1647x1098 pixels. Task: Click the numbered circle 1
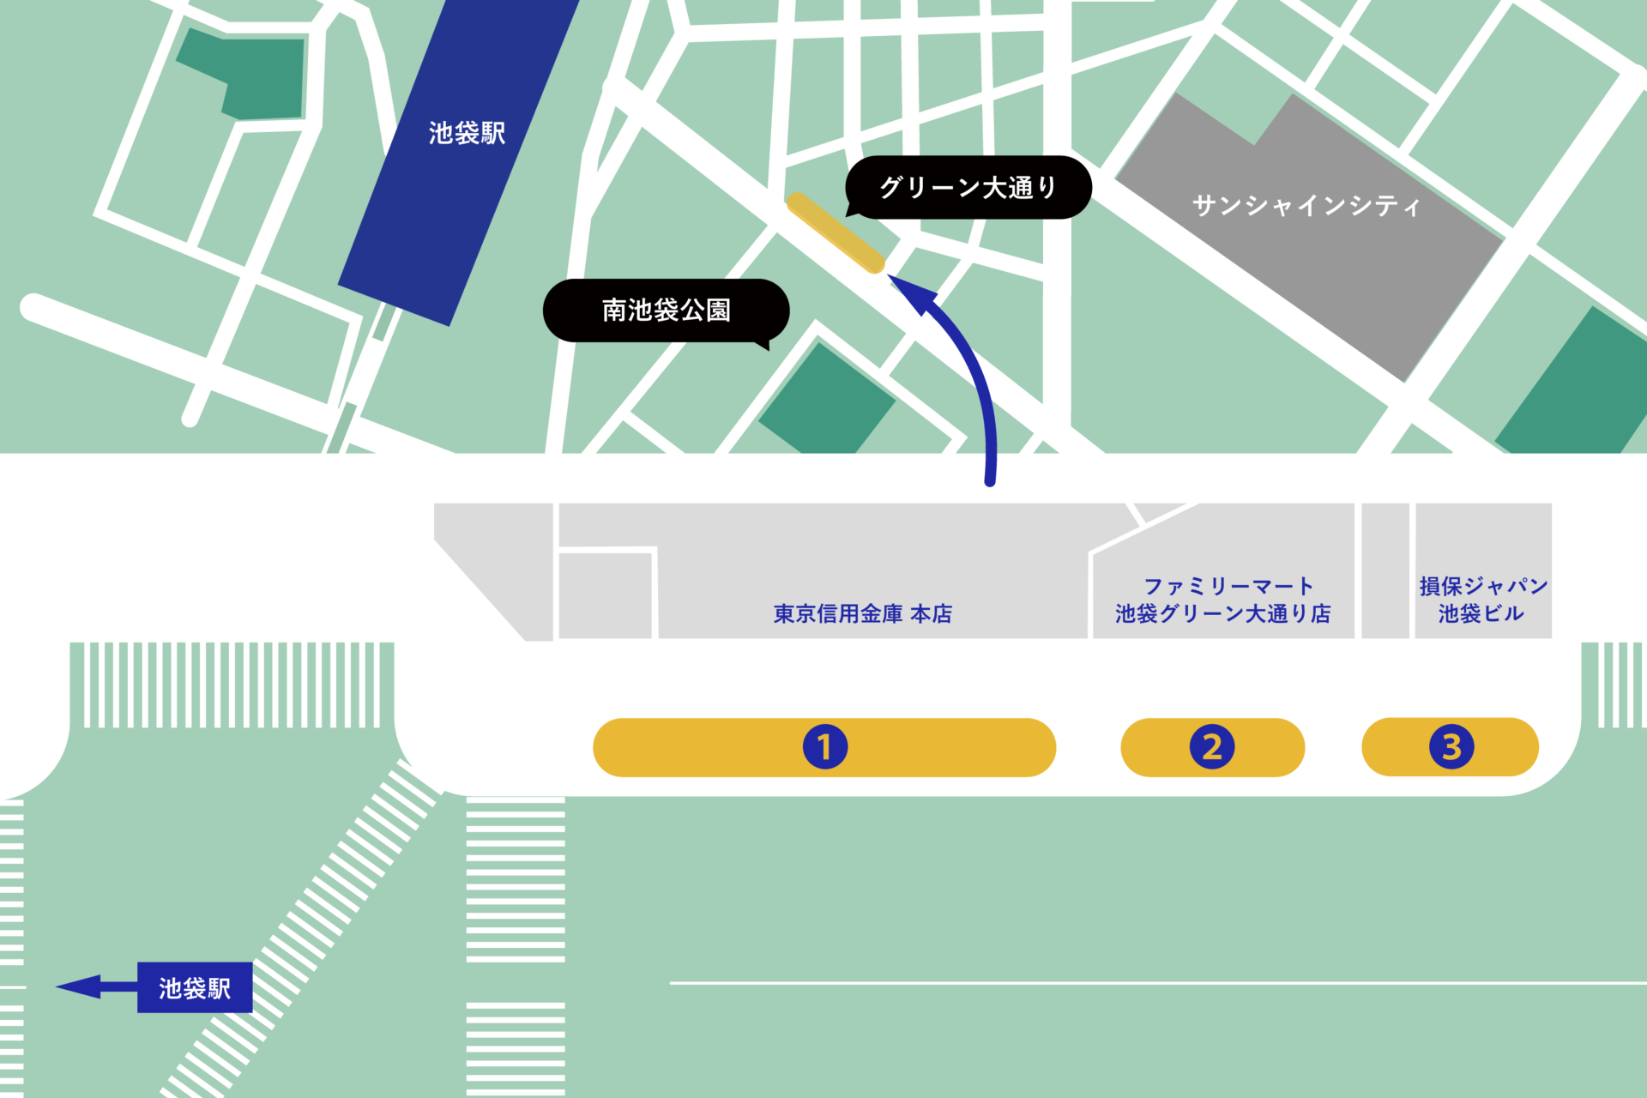[x=824, y=747]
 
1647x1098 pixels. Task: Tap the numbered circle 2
[x=1211, y=747]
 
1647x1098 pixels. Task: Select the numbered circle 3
[x=1451, y=747]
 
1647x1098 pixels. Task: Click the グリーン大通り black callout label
[x=968, y=187]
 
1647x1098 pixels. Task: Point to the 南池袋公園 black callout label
[x=666, y=310]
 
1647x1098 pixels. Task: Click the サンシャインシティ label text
[x=1306, y=206]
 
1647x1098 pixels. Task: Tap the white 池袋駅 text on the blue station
[x=467, y=133]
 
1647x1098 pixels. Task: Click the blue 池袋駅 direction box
[x=195, y=988]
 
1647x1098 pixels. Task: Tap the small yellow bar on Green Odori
[x=836, y=232]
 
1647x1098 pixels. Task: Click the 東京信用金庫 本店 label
[x=862, y=613]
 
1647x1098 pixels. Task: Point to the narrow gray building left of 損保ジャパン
[x=1385, y=570]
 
